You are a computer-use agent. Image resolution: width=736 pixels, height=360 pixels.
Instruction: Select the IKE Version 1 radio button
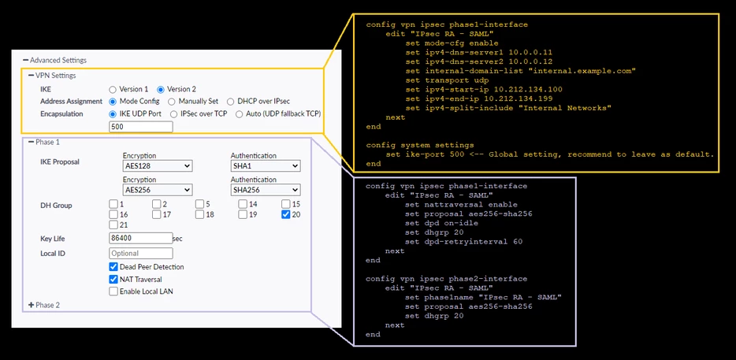[x=112, y=89]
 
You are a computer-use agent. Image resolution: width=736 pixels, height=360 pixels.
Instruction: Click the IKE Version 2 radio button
[x=161, y=89]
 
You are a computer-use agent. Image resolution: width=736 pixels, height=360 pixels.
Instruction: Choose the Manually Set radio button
[x=171, y=102]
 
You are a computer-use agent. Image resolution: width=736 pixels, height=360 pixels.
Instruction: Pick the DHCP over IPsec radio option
[x=230, y=102]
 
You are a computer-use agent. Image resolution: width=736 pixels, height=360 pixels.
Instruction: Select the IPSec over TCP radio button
[x=173, y=114]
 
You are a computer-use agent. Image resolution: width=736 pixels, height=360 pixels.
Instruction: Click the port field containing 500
[x=141, y=127]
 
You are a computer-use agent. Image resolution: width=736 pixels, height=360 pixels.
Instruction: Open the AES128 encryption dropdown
[x=158, y=165]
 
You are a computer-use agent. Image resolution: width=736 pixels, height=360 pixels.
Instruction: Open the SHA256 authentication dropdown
[x=266, y=190]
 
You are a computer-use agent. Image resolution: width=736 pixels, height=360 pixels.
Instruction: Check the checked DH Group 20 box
[x=285, y=214]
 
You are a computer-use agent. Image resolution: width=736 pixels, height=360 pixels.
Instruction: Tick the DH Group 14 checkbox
[x=242, y=204]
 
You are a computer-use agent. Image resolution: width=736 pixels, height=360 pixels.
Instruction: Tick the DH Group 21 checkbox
[x=113, y=225]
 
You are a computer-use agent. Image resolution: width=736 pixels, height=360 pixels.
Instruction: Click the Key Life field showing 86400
[x=141, y=238]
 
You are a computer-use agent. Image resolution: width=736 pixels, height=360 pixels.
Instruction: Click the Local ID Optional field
[x=141, y=254]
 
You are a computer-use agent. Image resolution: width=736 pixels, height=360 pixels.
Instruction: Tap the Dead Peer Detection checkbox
[x=113, y=266]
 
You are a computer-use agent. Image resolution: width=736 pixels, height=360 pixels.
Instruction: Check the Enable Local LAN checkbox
[x=113, y=291]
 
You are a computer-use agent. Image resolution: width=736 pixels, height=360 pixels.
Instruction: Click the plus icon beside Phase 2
[x=32, y=305]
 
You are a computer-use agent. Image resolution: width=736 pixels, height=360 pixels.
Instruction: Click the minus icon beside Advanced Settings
[x=26, y=60]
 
